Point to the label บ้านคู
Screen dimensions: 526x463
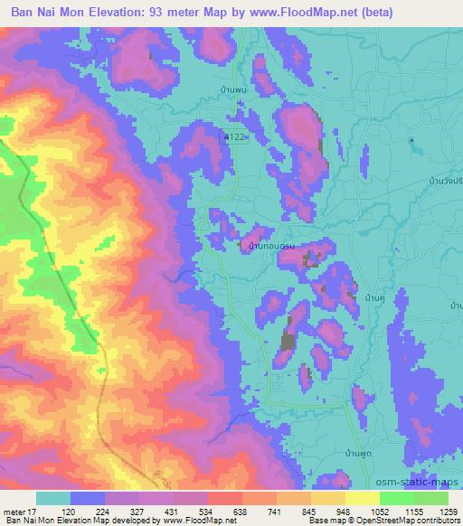[373, 296]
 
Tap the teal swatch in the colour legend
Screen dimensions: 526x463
[53, 498]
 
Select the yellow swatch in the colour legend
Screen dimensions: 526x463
[363, 498]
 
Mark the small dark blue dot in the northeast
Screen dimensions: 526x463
[411, 141]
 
